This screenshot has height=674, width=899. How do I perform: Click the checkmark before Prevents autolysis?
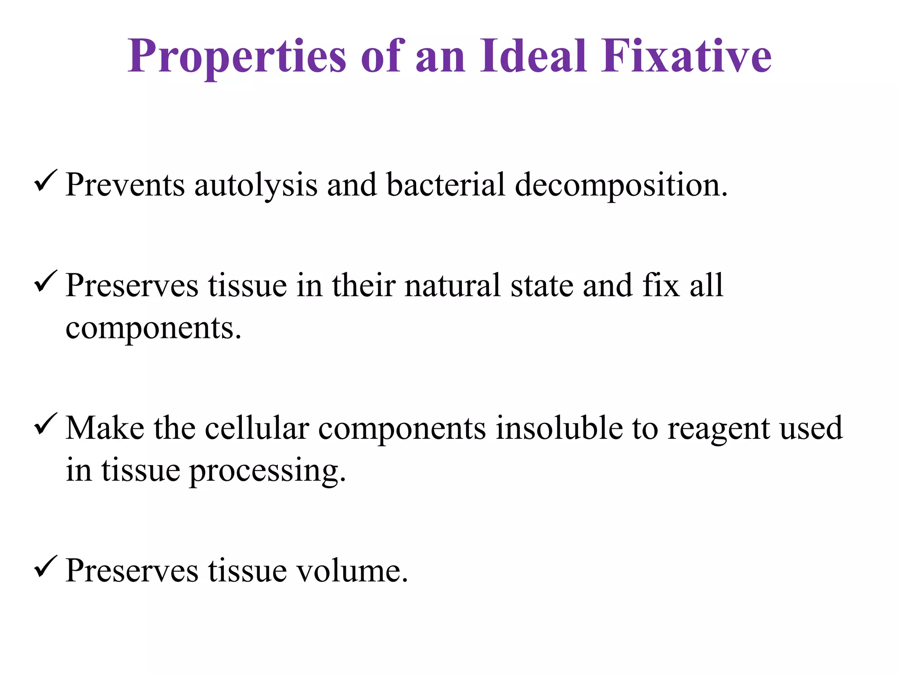pyautogui.click(x=45, y=181)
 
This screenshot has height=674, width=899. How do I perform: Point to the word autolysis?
pyautogui.click(x=255, y=185)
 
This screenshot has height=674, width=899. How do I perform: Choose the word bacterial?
pyautogui.click(x=446, y=185)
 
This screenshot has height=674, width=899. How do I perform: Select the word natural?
pyautogui.click(x=453, y=286)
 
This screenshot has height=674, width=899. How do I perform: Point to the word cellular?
pyautogui.click(x=257, y=428)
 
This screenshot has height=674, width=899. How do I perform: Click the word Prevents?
pyautogui.click(x=125, y=185)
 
